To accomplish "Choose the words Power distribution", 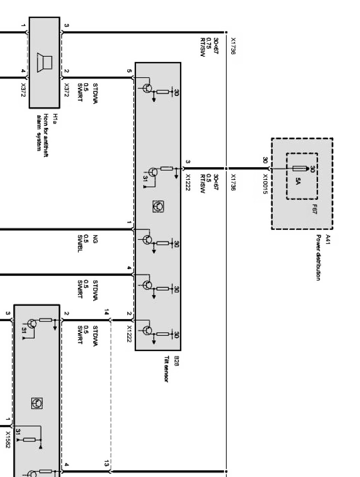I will point(318,257).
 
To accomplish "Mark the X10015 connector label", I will point(266,184).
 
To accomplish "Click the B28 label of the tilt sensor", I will point(176,359).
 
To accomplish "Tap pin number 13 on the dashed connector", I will point(107,463).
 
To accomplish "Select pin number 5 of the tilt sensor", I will point(129,71).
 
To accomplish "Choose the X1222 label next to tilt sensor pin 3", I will point(188,183).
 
